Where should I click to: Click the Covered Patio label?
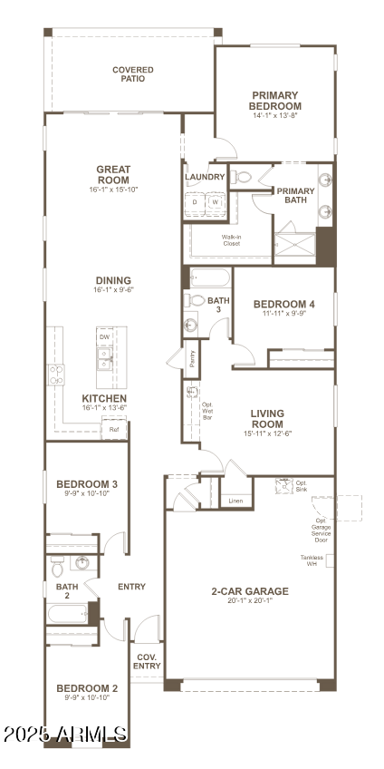click(132, 73)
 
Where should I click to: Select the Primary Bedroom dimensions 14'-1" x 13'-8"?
click(275, 116)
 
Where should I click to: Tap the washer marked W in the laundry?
click(215, 202)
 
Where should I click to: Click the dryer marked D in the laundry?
click(194, 202)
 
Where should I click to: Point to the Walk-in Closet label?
click(232, 240)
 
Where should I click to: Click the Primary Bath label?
click(295, 196)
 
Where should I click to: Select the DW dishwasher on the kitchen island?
click(104, 336)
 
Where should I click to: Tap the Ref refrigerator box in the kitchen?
click(114, 430)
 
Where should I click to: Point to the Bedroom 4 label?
click(283, 305)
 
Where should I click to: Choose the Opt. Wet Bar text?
click(207, 411)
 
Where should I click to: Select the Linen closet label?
click(235, 501)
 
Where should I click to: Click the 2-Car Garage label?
click(250, 591)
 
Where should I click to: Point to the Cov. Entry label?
click(148, 661)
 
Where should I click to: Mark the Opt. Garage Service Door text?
click(321, 531)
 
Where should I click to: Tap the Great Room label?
click(114, 174)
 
